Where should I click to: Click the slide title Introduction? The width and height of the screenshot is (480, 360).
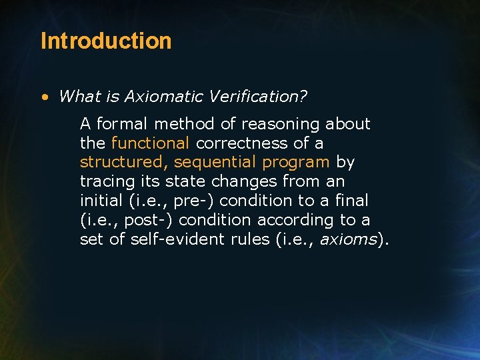106,41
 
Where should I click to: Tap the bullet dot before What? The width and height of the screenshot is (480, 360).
44,97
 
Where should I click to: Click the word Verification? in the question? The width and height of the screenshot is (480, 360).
257,96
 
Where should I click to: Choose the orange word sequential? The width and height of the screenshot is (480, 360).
215,162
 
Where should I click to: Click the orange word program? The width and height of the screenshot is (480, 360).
297,162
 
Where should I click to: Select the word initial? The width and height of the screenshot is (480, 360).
101,201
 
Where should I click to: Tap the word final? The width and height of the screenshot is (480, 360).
353,201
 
